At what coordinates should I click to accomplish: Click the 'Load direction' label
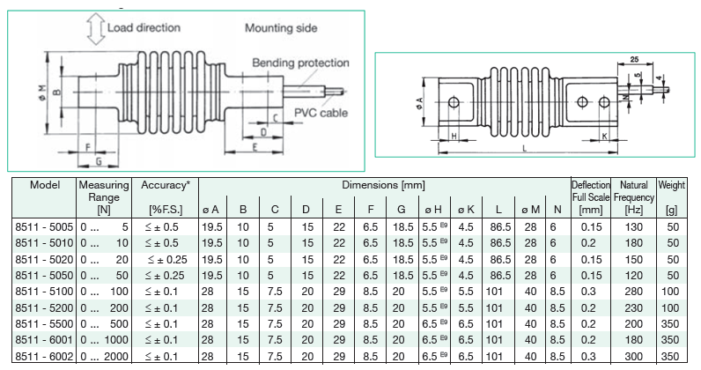pos(144,27)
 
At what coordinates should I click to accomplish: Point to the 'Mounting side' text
pos(280,28)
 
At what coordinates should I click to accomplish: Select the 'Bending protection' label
pos(300,63)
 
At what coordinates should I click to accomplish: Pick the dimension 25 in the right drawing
pos(634,60)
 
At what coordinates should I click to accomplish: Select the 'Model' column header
pos(43,186)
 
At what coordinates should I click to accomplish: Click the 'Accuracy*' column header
pos(165,186)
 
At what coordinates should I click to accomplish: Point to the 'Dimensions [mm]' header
pos(383,186)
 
